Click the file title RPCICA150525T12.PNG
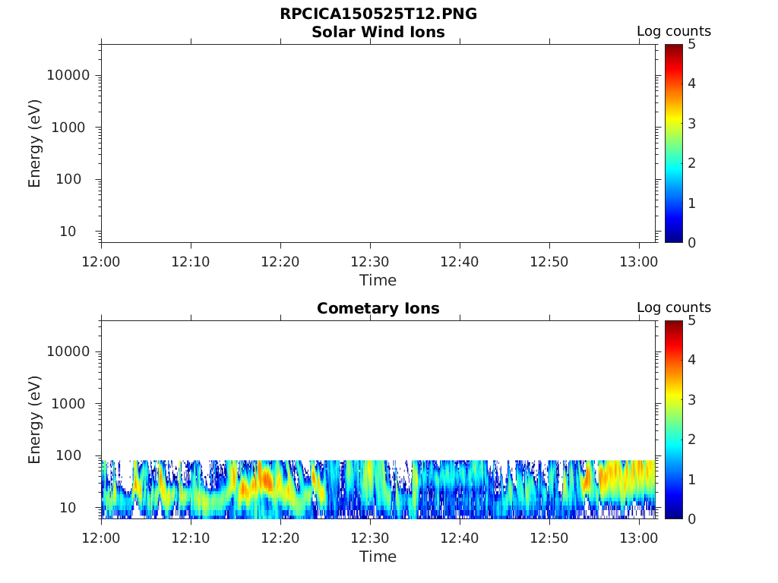click(x=378, y=14)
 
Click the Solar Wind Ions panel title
click(x=378, y=32)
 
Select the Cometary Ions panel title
click(x=378, y=308)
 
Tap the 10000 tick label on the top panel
click(x=69, y=75)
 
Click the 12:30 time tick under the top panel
click(x=370, y=262)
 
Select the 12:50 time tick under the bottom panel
click(x=549, y=538)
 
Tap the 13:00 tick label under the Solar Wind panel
click(x=638, y=262)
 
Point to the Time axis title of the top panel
click(x=378, y=280)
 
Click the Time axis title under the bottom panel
click(x=378, y=556)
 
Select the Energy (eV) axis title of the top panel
click(x=35, y=143)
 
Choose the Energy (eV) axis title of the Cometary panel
click(x=35, y=419)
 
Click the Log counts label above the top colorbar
click(x=673, y=31)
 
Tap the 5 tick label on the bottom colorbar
click(x=691, y=320)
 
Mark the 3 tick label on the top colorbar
click(x=691, y=123)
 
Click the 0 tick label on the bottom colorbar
click(x=691, y=518)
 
